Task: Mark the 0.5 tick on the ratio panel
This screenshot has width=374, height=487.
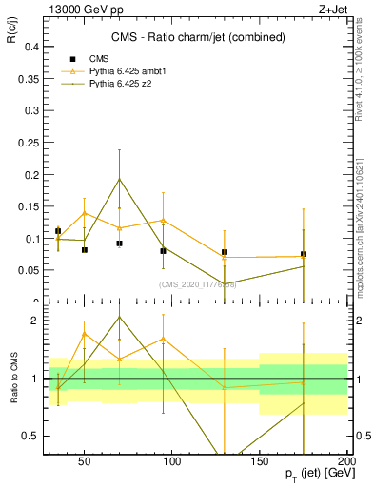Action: pyautogui.click(x=28, y=436)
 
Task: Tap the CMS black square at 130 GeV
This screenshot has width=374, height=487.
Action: pyautogui.click(x=225, y=252)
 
